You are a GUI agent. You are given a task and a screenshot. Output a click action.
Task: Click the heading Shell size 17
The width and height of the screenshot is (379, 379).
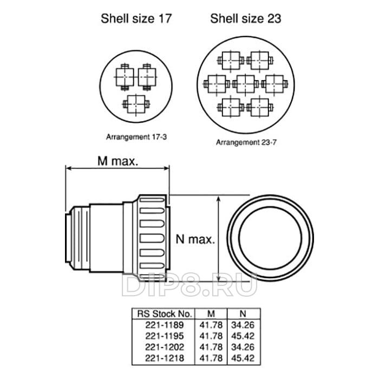136,18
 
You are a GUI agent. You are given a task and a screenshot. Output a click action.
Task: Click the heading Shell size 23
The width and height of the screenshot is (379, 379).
245,18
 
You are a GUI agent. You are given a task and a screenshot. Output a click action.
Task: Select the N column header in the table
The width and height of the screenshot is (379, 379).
243,313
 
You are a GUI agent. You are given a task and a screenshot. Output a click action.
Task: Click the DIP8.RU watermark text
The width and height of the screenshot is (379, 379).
190,285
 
